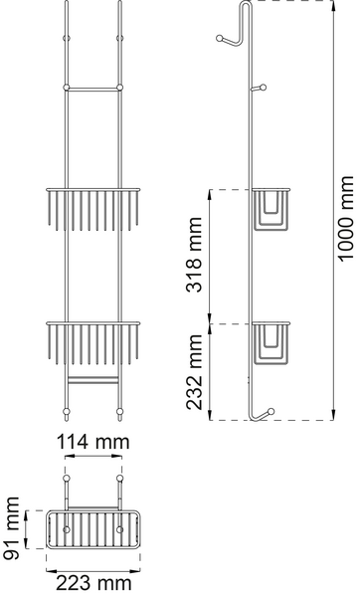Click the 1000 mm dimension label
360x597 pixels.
pyautogui.click(x=346, y=219)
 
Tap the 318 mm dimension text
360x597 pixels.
pyautogui.click(x=194, y=255)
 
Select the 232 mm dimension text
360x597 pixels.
pyautogui.click(x=194, y=372)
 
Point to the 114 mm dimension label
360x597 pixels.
pyautogui.click(x=93, y=442)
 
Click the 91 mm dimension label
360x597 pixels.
pyautogui.click(x=10, y=528)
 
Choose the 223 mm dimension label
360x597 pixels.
pyautogui.click(x=93, y=583)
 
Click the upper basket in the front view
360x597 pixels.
pyautogui.click(x=93, y=209)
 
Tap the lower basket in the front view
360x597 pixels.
pyautogui.click(x=93, y=343)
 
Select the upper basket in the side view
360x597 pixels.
pyautogui.click(x=270, y=209)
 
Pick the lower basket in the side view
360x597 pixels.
pyautogui.click(x=270, y=343)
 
